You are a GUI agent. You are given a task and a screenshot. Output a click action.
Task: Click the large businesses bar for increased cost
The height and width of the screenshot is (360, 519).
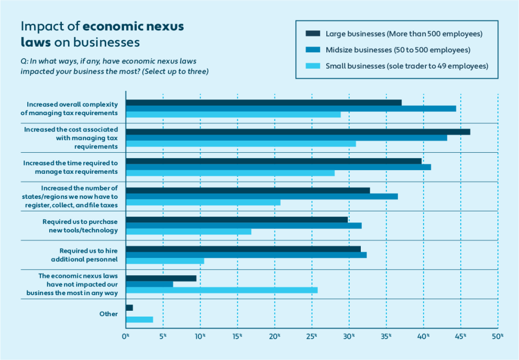point(298,132)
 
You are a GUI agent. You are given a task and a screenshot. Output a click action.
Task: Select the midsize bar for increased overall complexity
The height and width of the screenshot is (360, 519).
point(291,108)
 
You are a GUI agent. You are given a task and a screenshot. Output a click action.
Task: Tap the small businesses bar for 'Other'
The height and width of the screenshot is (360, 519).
point(139,320)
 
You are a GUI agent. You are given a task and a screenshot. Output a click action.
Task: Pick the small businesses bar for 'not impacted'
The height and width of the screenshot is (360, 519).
point(222,290)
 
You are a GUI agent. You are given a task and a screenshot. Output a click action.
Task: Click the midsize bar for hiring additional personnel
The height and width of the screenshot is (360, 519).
point(246,255)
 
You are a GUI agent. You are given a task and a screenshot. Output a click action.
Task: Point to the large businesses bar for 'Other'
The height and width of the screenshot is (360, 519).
point(129,308)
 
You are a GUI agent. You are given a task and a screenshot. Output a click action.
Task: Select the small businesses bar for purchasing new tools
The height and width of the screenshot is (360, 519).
point(189,231)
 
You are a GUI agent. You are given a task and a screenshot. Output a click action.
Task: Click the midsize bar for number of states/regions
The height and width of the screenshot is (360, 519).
point(262,196)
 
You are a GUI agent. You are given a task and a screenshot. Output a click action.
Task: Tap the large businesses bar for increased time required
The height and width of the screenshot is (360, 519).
point(274,161)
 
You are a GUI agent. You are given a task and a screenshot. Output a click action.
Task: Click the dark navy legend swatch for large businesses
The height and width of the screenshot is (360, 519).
point(313,33)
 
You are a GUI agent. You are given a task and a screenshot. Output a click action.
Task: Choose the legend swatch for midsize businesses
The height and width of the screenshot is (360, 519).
point(313,50)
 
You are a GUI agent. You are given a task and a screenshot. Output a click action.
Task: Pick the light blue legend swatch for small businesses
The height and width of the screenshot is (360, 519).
point(313,66)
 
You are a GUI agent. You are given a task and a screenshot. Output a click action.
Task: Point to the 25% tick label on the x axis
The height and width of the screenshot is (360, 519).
point(312,336)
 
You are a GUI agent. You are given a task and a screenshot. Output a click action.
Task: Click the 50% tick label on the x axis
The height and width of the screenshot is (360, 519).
point(498,336)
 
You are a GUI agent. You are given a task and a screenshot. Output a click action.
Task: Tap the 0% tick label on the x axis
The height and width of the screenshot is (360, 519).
point(126,336)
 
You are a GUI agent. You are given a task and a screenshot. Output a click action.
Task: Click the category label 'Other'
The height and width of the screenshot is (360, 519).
point(108,314)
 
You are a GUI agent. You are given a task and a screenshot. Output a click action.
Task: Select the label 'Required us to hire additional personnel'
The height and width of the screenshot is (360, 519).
point(84,255)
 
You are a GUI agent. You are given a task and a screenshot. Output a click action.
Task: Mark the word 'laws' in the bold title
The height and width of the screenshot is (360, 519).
point(36,42)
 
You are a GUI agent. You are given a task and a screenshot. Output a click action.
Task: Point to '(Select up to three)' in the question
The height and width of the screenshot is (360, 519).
point(175,71)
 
